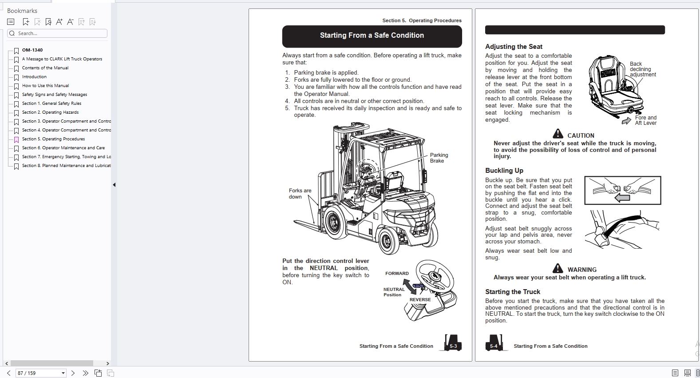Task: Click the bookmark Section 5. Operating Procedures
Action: pos(63,139)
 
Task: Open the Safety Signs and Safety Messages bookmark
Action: pos(55,95)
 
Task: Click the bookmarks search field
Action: pos(58,33)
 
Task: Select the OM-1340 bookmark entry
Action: pos(32,50)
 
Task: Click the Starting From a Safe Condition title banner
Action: pos(372,36)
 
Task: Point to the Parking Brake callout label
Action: pos(439,158)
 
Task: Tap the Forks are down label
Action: pos(300,194)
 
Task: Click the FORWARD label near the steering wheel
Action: pos(397,274)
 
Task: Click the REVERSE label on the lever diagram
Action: pos(420,300)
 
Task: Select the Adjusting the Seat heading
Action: pos(514,47)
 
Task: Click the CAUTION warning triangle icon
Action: pos(558,134)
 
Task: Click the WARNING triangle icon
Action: pos(558,268)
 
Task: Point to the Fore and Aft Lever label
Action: pos(645,120)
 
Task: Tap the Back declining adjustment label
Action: pos(642,69)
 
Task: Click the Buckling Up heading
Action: pos(504,171)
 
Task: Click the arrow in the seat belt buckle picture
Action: pos(622,198)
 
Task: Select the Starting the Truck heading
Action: pos(512,292)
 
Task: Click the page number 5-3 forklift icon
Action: pos(452,343)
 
